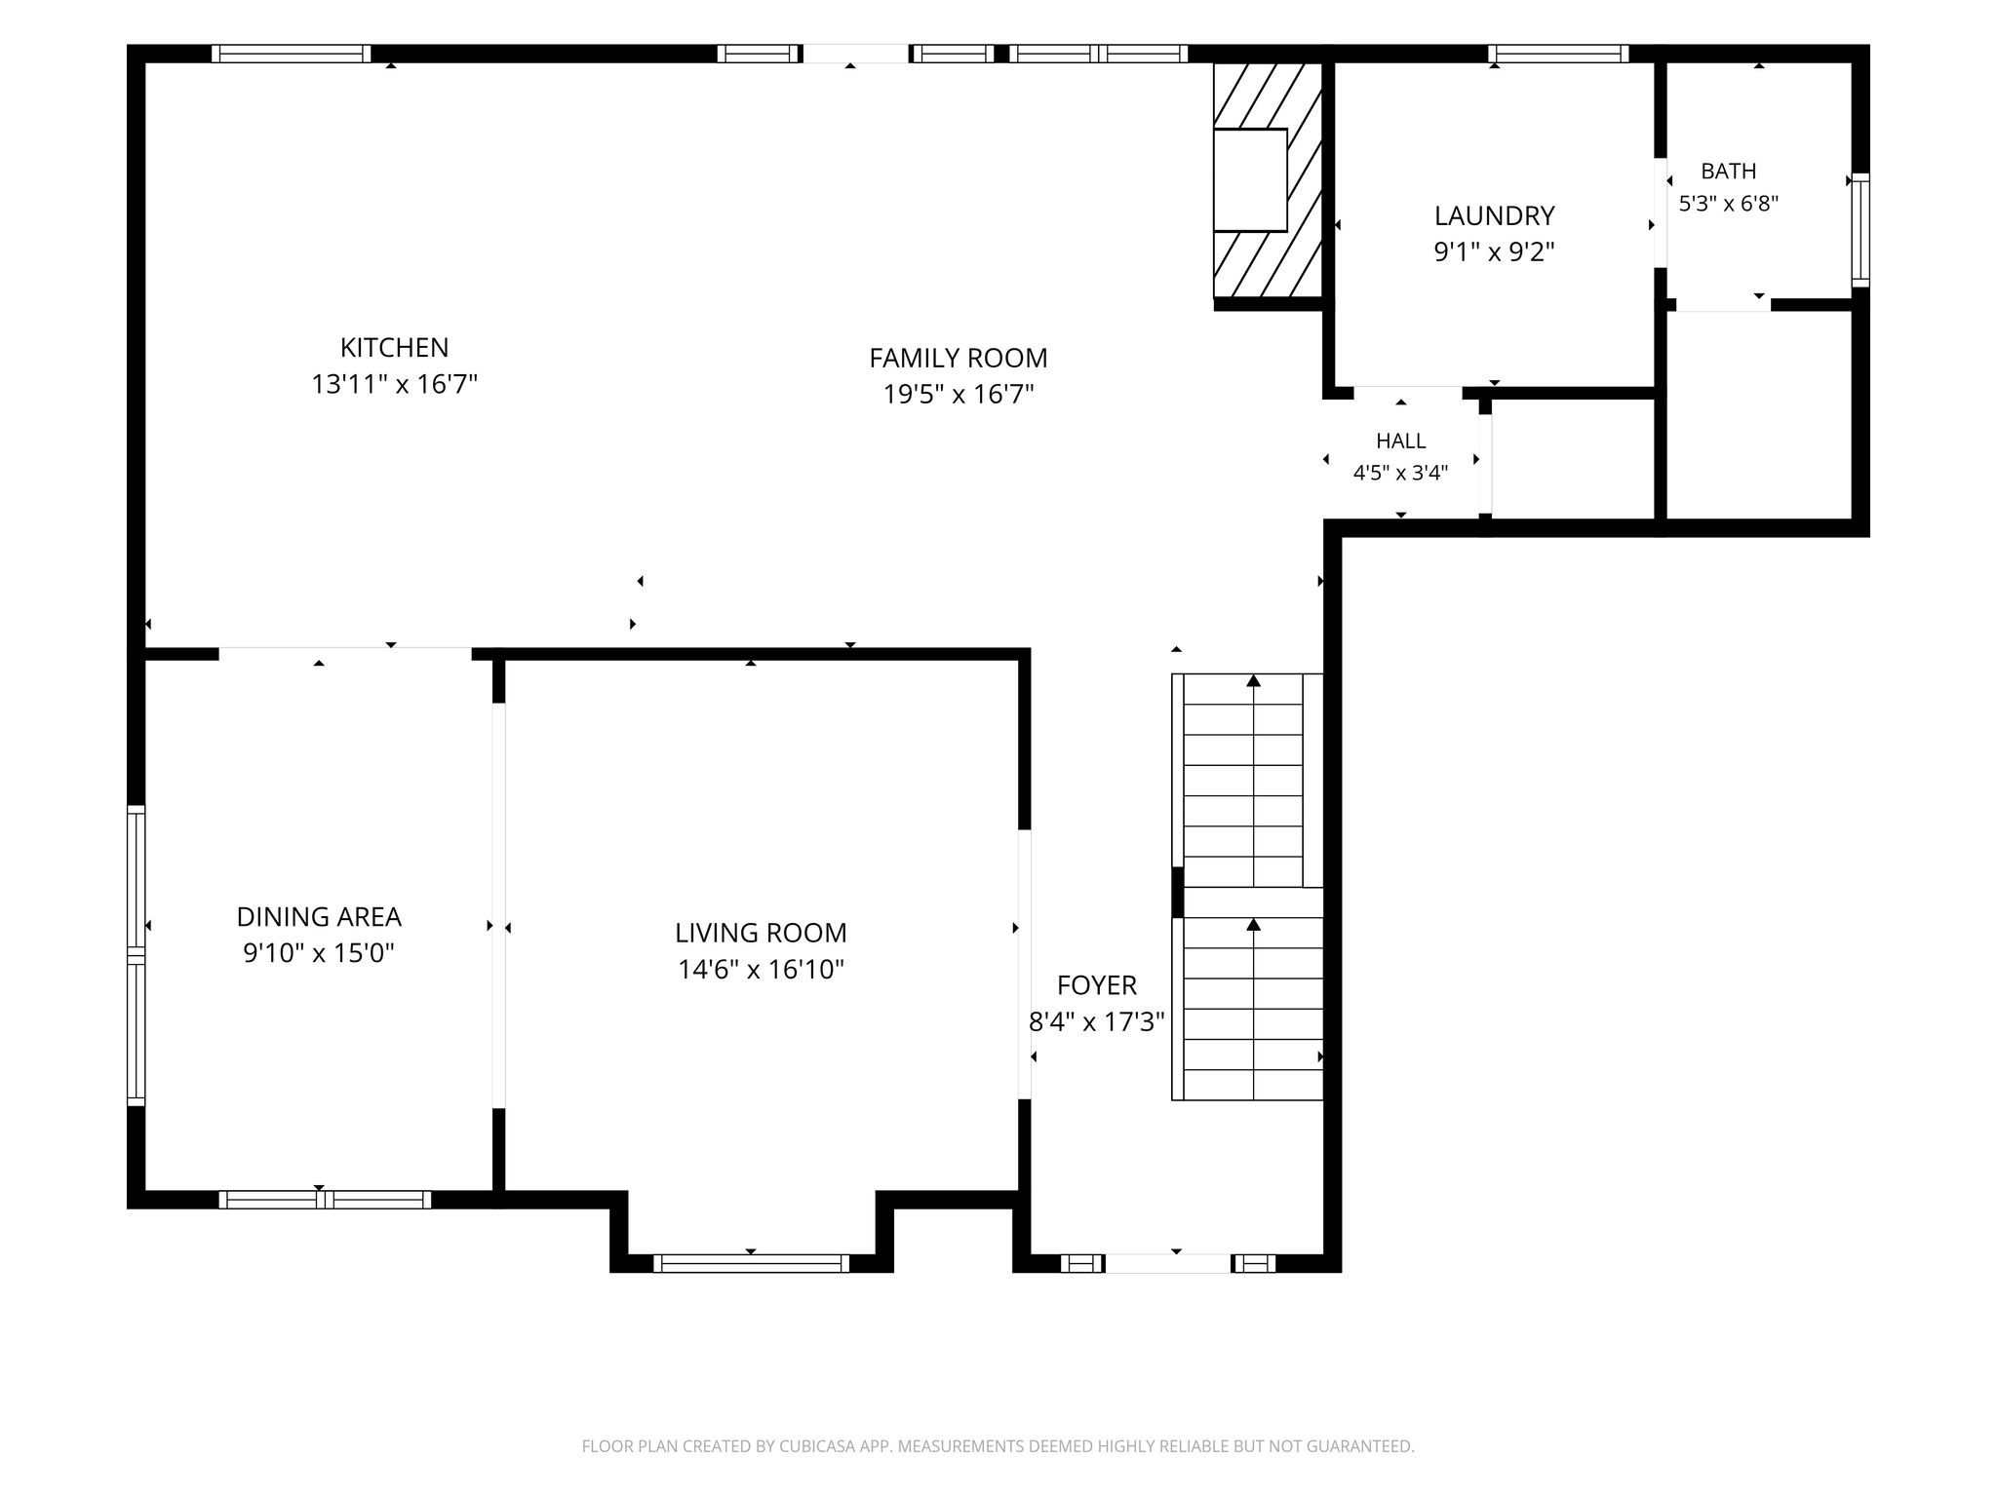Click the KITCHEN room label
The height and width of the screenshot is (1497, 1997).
(x=394, y=347)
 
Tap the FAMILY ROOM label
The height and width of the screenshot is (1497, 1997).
(x=959, y=358)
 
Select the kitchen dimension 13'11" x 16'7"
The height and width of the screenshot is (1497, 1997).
(x=394, y=384)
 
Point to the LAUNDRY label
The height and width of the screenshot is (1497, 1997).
(x=1494, y=215)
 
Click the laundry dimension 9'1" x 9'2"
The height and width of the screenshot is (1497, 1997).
(x=1494, y=251)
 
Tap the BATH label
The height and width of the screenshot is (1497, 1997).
(x=1729, y=171)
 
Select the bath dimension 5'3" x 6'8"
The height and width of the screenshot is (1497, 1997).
(x=1729, y=204)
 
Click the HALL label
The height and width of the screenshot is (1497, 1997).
(x=1401, y=441)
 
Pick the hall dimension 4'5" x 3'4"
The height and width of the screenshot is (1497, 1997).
(x=1401, y=473)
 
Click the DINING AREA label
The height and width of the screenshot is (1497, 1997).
(x=319, y=916)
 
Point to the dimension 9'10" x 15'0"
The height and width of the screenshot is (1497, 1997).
(x=319, y=952)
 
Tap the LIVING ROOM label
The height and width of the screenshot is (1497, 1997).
(x=761, y=933)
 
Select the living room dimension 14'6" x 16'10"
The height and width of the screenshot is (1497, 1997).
(x=761, y=969)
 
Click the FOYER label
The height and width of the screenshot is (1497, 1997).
(x=1097, y=985)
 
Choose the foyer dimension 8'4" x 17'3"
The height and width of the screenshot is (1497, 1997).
(x=1097, y=1021)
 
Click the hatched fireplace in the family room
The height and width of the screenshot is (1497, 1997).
(x=1268, y=179)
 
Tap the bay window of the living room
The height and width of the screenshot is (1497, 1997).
(x=751, y=1263)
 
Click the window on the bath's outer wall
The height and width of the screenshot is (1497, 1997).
(x=1860, y=230)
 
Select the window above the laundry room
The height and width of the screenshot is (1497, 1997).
(x=1559, y=54)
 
